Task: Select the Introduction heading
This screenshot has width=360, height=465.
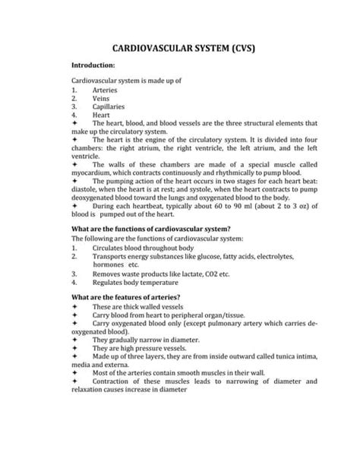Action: click(97, 66)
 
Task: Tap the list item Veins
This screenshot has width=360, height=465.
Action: click(102, 98)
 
